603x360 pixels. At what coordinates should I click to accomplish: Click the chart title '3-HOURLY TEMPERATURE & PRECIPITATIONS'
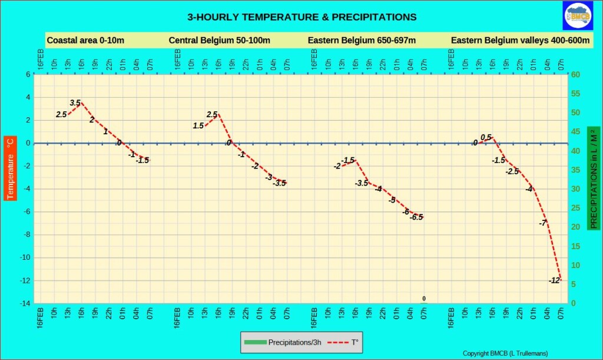pos(302,17)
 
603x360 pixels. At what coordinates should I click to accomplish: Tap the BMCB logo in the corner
pos(578,15)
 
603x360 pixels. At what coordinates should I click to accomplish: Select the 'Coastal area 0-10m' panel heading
pos(85,41)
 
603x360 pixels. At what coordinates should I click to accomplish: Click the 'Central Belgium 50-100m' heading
pos(219,41)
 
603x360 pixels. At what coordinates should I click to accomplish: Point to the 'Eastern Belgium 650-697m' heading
pos(362,41)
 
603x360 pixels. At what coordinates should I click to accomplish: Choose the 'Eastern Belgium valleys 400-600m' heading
pos(520,41)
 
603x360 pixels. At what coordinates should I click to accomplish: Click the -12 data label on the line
pos(554,281)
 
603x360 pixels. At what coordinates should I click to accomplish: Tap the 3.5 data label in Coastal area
pos(75,103)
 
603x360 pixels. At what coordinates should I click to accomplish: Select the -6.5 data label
pos(416,217)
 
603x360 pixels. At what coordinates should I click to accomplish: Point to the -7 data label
pos(542,223)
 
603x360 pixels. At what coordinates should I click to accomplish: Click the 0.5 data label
pos(486,137)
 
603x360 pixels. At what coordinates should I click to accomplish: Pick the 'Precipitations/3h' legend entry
pos(283,342)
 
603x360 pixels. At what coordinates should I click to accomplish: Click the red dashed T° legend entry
pos(344,342)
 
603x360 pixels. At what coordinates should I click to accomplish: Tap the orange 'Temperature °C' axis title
pos(10,169)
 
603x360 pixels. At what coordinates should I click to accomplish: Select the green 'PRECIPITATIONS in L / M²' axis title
pos(594,178)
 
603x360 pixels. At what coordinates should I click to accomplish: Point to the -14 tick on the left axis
pos(25,303)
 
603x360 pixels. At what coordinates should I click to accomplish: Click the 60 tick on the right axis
pos(575,75)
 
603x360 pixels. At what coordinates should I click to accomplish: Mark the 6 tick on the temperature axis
pos(28,75)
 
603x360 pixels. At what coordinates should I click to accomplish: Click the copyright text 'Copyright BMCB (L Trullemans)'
pos(505,354)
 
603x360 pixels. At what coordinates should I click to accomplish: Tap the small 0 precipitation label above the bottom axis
pos(424,299)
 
